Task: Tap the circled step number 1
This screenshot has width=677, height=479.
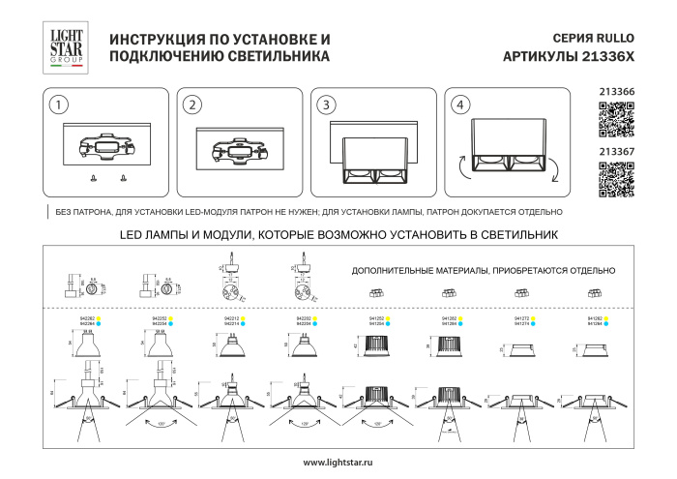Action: click(x=60, y=105)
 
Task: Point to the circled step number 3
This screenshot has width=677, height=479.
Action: click(x=327, y=105)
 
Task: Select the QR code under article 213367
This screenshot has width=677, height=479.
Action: click(x=616, y=179)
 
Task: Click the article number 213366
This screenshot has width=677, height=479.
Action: click(x=616, y=93)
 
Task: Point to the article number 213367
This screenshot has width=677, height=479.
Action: click(x=616, y=151)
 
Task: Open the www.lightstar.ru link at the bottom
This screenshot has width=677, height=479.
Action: click(x=338, y=464)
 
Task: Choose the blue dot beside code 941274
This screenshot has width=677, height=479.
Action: click(x=540, y=323)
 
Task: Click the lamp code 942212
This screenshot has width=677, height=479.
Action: click(x=231, y=317)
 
